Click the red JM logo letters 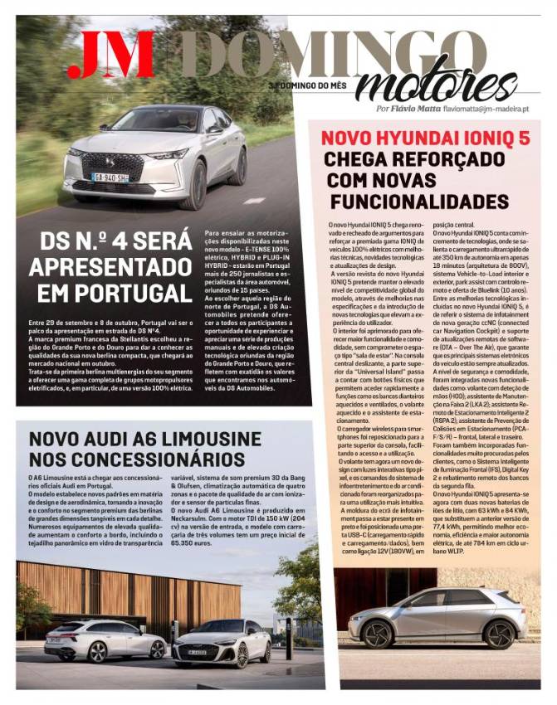pos(110,55)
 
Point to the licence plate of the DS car pos(110,177)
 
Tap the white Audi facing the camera pos(221,643)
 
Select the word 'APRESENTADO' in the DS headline pos(110,266)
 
